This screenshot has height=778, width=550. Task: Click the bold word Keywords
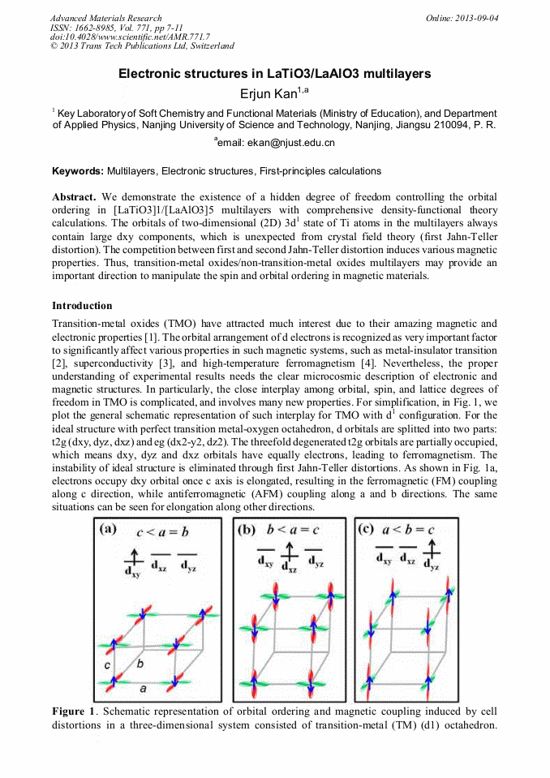(77, 171)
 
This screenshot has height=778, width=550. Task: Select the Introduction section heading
(82, 306)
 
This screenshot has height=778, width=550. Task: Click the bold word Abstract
(74, 198)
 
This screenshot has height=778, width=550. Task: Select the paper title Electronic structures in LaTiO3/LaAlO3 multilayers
(274, 74)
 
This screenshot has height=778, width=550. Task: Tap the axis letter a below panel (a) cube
(144, 688)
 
